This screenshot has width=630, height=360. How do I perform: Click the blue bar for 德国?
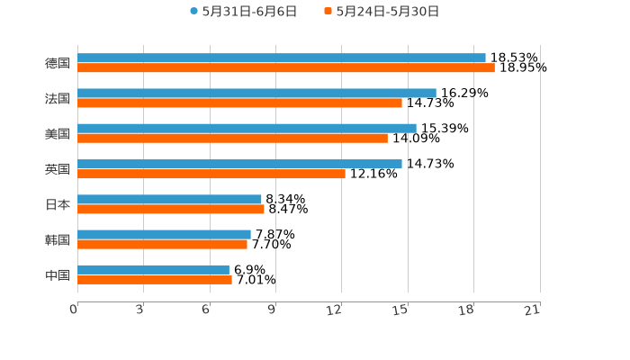tap(282, 58)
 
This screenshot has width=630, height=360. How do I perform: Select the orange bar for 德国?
tap(286, 67)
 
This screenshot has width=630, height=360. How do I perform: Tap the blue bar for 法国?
tap(256, 93)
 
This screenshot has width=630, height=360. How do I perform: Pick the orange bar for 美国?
tap(232, 138)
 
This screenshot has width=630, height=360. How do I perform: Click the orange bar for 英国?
tap(211, 174)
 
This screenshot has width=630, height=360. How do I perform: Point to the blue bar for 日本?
tap(169, 199)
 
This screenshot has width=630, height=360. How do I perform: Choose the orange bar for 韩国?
tap(162, 244)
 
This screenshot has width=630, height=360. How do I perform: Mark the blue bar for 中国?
tap(153, 269)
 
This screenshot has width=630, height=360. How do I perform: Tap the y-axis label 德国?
tap(58, 63)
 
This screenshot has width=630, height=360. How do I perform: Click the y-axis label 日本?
tap(58, 204)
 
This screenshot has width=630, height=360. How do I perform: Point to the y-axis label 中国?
tap(58, 274)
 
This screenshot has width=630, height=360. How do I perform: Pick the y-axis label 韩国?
tap(58, 239)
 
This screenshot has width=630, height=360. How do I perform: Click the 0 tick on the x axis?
tap(75, 310)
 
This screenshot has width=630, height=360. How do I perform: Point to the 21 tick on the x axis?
tap(533, 310)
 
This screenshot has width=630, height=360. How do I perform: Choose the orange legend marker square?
tap(328, 12)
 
